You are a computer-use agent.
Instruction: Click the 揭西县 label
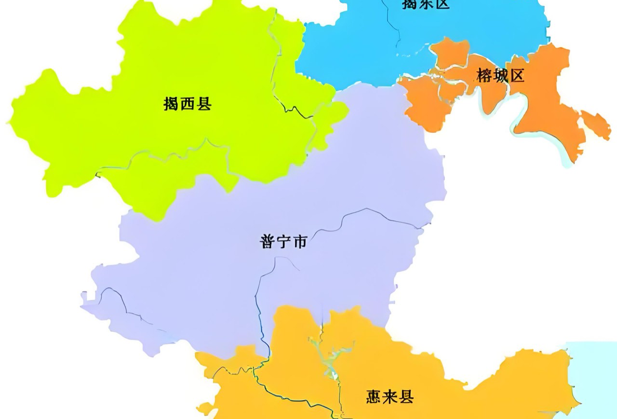pos(188,104)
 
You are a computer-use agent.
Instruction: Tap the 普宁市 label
pos(283,241)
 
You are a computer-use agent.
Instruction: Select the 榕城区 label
pos(500,75)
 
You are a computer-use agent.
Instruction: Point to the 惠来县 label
pos(389,397)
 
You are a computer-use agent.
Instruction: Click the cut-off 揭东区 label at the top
pos(426,4)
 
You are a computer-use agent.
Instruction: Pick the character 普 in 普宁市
pos(268,241)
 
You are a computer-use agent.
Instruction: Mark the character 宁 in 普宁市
pos(283,241)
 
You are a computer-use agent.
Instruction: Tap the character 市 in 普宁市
pos(299,241)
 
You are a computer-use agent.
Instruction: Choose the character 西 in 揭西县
pos(188,104)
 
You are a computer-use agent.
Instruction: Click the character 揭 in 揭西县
pos(171,104)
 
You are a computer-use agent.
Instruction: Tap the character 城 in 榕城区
pos(500,75)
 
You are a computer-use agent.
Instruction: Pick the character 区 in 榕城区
pos(516,75)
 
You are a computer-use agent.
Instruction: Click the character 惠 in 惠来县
pos(374,397)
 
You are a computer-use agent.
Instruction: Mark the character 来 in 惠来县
pos(389,397)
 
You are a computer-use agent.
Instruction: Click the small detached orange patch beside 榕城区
pos(596,124)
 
